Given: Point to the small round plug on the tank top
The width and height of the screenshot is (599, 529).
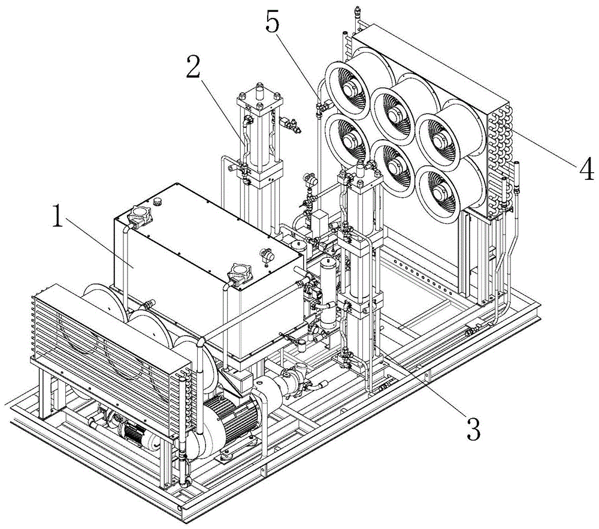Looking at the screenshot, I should coord(158,200).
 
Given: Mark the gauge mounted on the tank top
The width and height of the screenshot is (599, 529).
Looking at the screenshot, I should coord(265,254).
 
